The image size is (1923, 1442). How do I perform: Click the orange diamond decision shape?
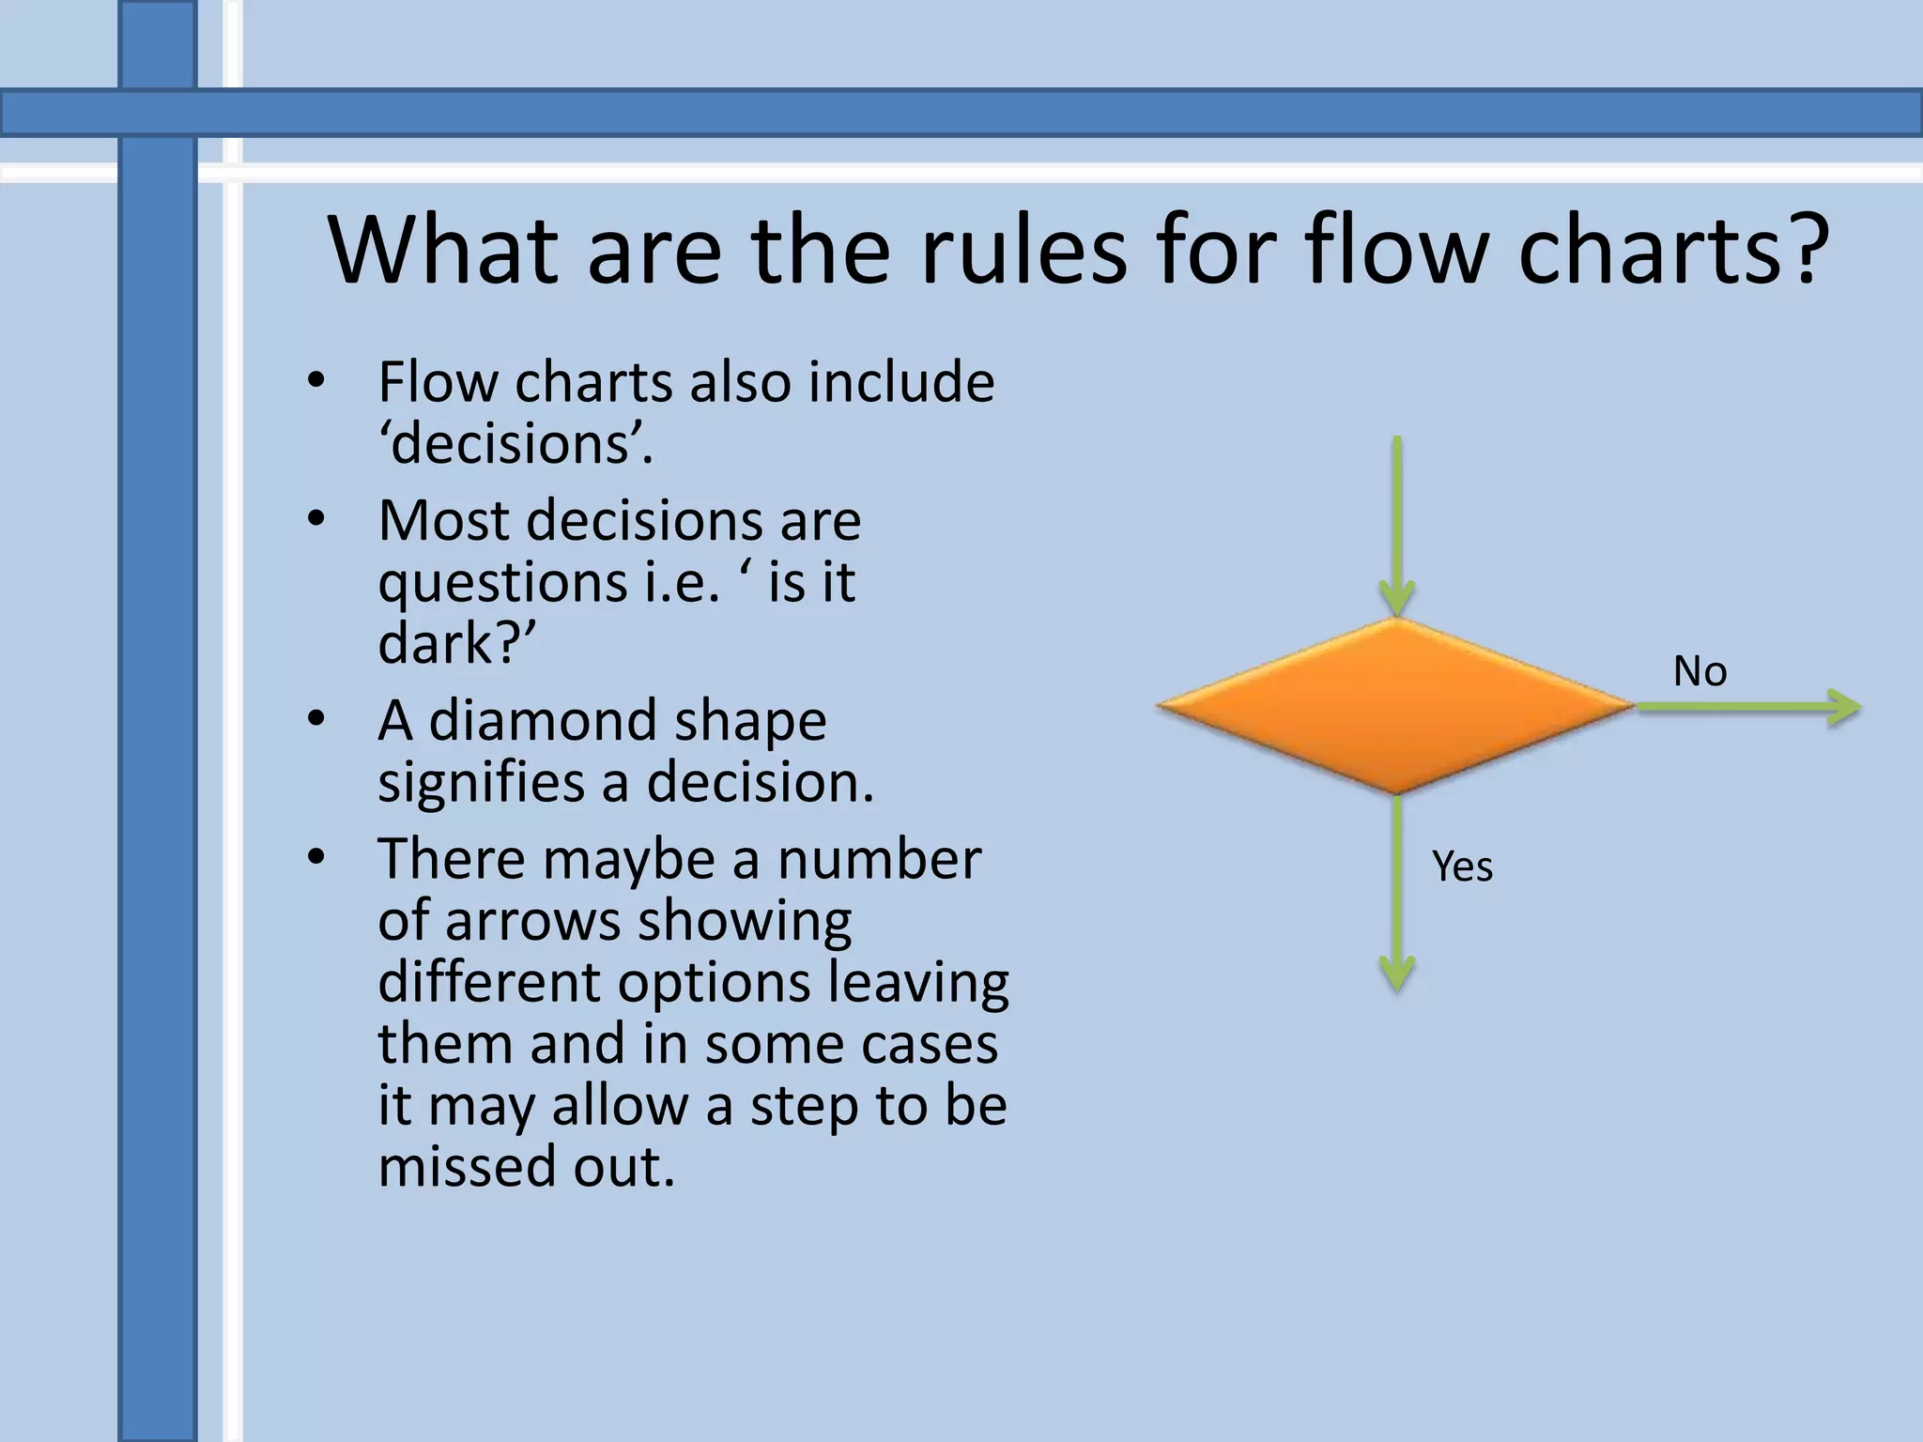1396,706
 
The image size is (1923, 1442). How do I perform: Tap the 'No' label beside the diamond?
1700,672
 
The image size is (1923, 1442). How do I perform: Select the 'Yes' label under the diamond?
1462,866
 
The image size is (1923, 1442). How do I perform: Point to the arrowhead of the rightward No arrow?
1844,707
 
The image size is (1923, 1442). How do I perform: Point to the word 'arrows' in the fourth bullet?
531,921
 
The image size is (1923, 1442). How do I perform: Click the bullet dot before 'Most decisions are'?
316,518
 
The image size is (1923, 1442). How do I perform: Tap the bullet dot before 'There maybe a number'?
316,856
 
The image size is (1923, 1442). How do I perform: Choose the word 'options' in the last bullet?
714,983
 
